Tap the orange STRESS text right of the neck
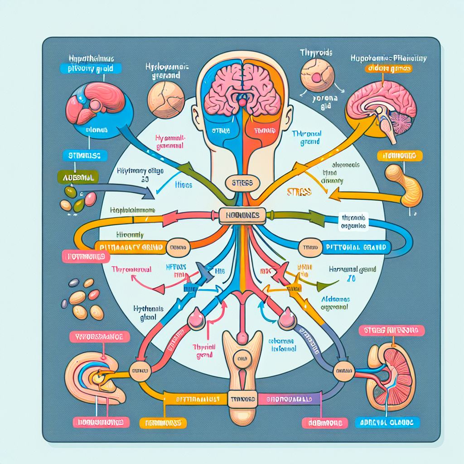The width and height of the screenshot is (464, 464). coord(299,192)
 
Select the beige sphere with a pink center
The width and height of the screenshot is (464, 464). coord(317,76)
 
